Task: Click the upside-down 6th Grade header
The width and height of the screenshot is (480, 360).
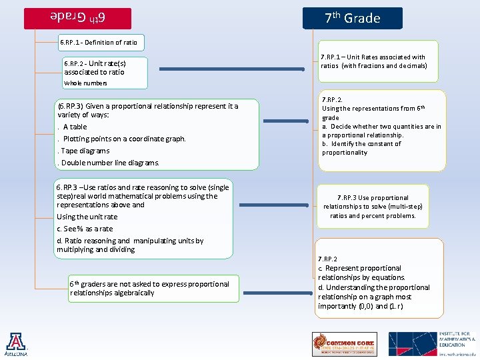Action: pos(77,18)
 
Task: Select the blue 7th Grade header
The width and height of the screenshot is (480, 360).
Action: pos(353,18)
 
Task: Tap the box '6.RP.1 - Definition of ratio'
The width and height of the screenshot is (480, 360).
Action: pos(99,42)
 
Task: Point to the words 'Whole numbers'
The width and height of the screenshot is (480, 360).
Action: pos(85,83)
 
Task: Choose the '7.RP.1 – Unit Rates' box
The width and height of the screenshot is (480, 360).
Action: pos(378,61)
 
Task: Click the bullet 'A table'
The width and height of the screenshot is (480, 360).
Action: pos(75,127)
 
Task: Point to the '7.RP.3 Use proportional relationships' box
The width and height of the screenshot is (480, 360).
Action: pos(373,207)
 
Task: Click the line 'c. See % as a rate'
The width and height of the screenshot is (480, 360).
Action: pos(85,229)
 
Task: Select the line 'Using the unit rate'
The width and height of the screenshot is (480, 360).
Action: pos(87,217)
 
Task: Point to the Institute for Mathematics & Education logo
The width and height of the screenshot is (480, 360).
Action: pos(432,344)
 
